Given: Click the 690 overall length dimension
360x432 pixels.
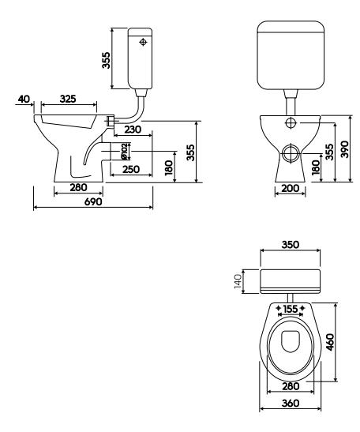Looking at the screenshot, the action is click(93, 202).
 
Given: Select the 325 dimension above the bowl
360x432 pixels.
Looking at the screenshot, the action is click(68, 99).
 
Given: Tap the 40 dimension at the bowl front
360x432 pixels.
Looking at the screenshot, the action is click(24, 99).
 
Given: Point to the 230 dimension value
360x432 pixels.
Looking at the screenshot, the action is click(132, 130).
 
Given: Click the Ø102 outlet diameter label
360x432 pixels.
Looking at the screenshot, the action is click(124, 152).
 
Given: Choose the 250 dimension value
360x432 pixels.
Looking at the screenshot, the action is click(131, 169).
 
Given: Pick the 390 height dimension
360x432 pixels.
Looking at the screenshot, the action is click(344, 149).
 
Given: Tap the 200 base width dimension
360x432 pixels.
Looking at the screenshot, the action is click(291, 189).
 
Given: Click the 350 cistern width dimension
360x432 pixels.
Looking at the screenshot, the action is click(291, 245).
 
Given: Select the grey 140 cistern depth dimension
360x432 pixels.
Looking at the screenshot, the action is click(238, 281).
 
